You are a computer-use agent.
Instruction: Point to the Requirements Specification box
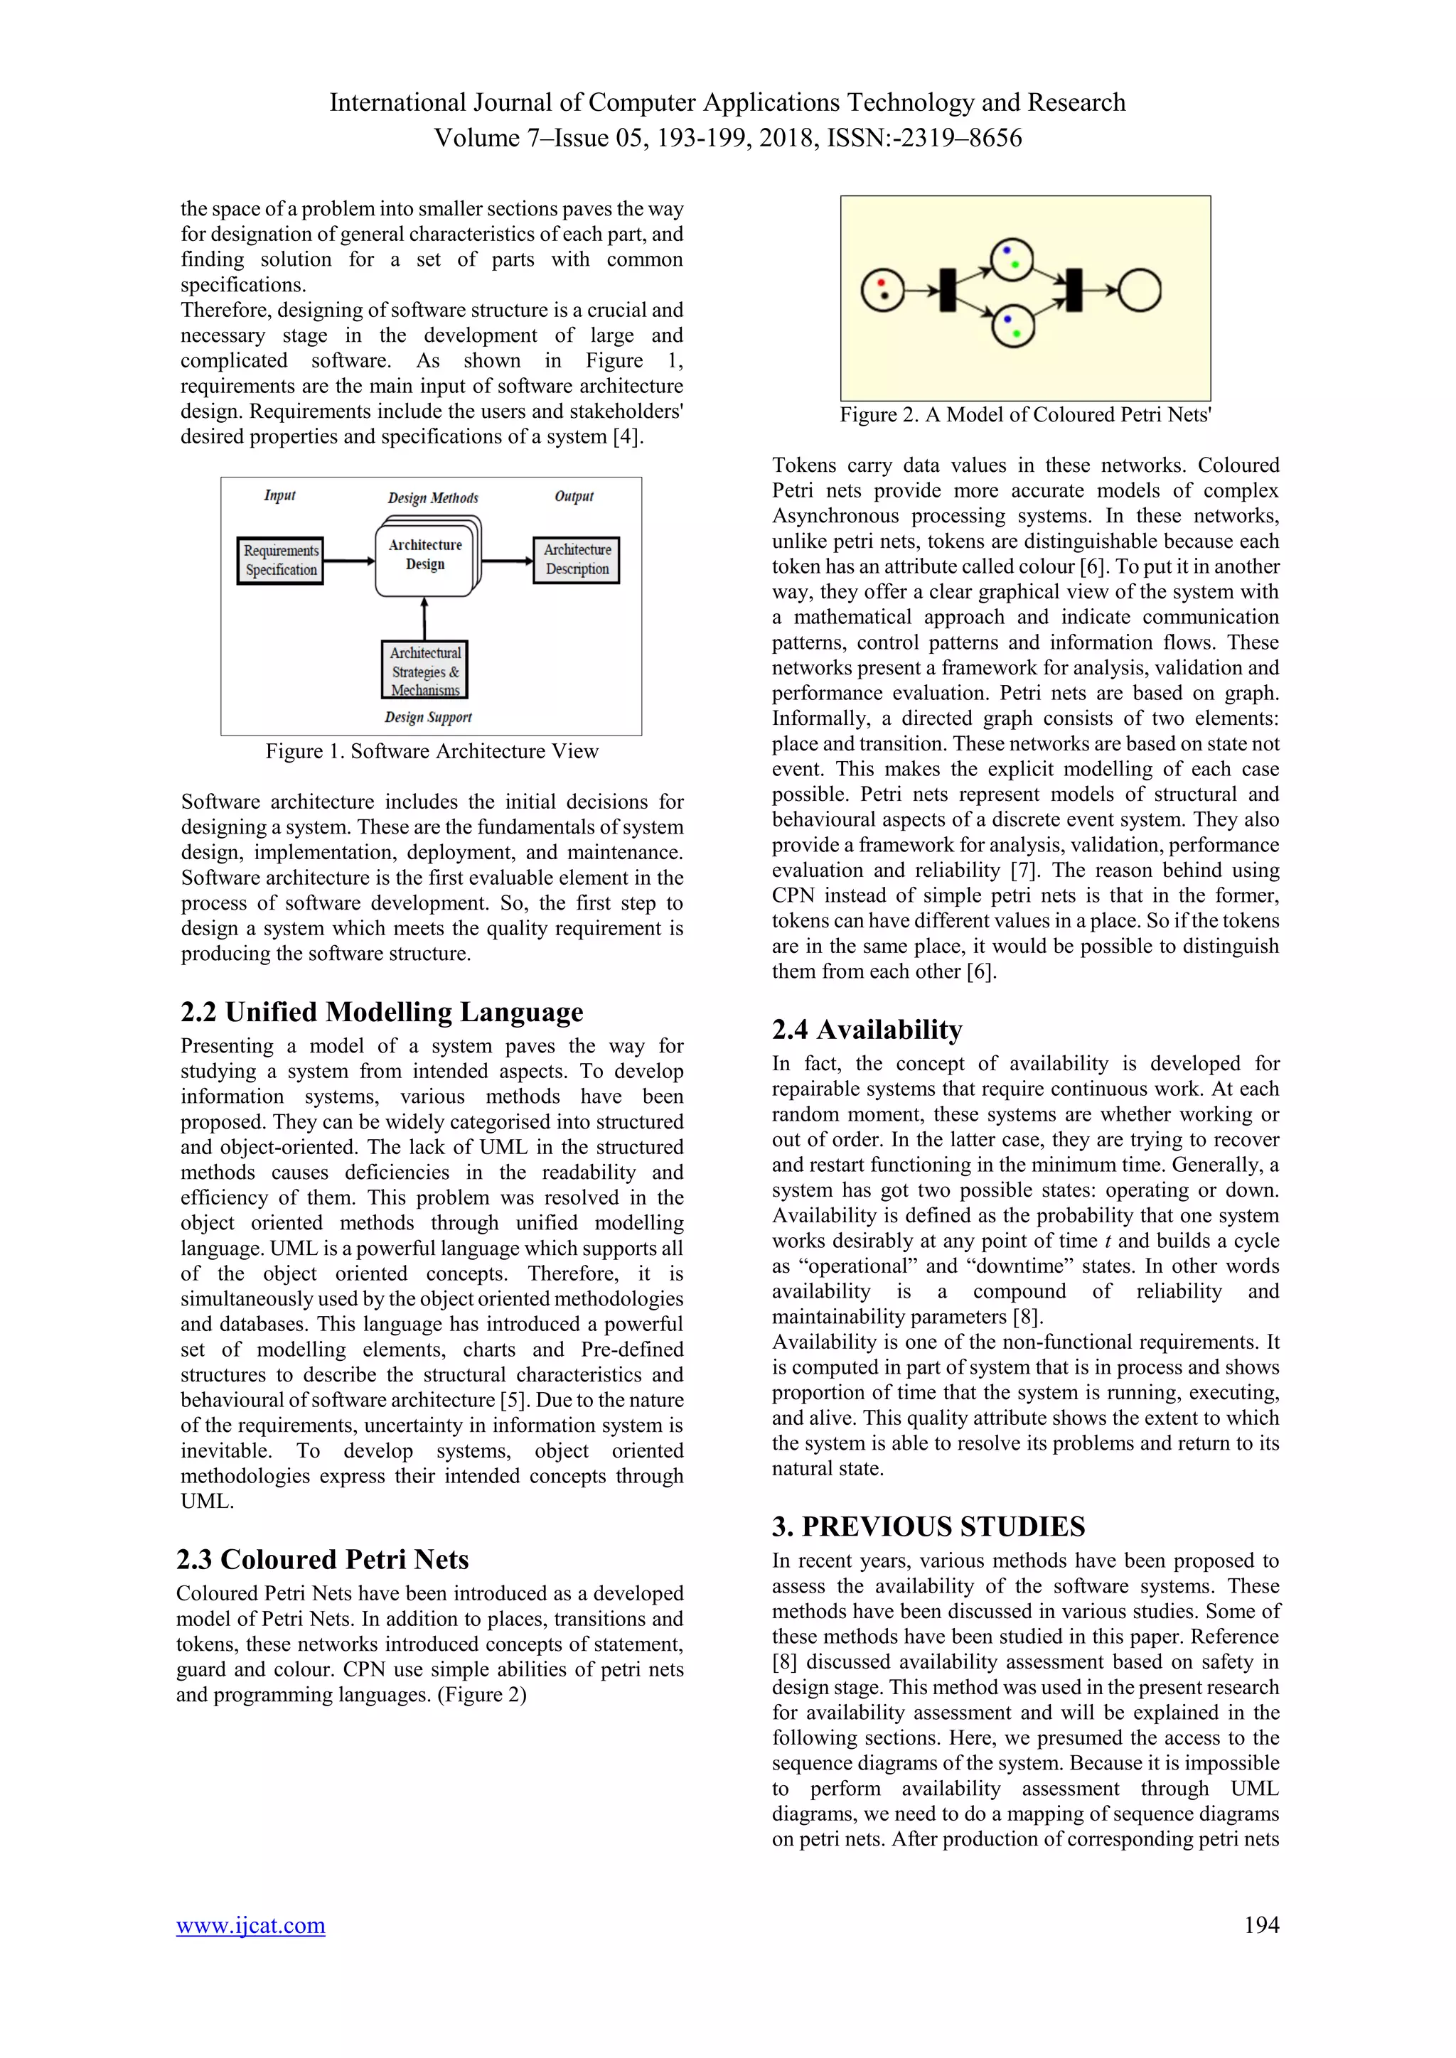click(281, 560)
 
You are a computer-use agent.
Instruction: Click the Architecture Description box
click(577, 559)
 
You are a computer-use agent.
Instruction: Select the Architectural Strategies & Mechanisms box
click(425, 670)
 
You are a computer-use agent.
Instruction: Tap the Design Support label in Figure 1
click(428, 717)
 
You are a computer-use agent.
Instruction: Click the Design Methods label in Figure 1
click(433, 497)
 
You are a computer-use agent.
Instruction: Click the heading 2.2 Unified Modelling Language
click(381, 1012)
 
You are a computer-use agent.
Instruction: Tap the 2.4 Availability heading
click(867, 1029)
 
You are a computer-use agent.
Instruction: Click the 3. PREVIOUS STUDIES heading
click(928, 1526)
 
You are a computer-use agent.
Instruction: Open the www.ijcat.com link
click(250, 1924)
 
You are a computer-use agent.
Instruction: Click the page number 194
click(1260, 1924)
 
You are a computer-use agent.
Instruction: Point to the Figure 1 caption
click(432, 751)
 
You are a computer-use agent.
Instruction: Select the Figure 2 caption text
click(1024, 414)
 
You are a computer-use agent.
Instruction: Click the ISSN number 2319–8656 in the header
click(971, 138)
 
